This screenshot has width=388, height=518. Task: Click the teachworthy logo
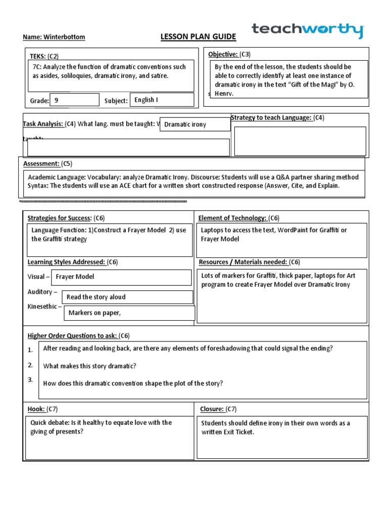coord(308,30)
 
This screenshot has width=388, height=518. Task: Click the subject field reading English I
coord(162,100)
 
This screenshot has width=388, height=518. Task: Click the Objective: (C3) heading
coord(229,54)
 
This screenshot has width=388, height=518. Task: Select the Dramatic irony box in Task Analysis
coord(195,124)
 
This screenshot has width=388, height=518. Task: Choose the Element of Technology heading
coord(238,218)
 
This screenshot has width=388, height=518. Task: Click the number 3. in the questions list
coord(30,379)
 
